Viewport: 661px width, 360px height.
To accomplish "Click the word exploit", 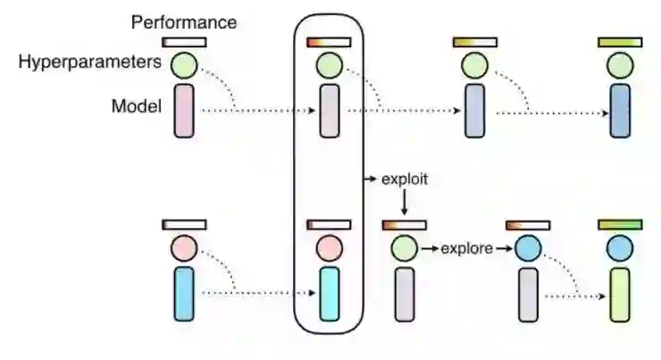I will click(405, 179).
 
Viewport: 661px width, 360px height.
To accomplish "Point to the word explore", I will click(466, 248).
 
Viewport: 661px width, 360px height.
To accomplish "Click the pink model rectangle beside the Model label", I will click(184, 111).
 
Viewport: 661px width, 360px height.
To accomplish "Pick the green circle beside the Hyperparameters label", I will click(184, 64).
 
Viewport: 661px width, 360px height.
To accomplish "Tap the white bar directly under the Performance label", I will click(184, 42).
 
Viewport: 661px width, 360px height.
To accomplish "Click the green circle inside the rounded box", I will click(328, 64).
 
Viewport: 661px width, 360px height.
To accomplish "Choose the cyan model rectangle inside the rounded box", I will click(328, 293).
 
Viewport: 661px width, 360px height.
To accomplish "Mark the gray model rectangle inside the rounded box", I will click(328, 111).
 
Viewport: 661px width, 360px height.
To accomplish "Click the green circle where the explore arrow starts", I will click(404, 247).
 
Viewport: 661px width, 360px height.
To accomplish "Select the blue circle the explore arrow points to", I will click(527, 247).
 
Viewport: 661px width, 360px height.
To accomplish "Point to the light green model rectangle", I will click(620, 293).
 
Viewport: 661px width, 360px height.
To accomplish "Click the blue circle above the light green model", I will click(620, 247).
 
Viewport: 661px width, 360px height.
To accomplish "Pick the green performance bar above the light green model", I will click(620, 224).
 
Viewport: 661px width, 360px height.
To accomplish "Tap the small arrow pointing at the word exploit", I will click(370, 180).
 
